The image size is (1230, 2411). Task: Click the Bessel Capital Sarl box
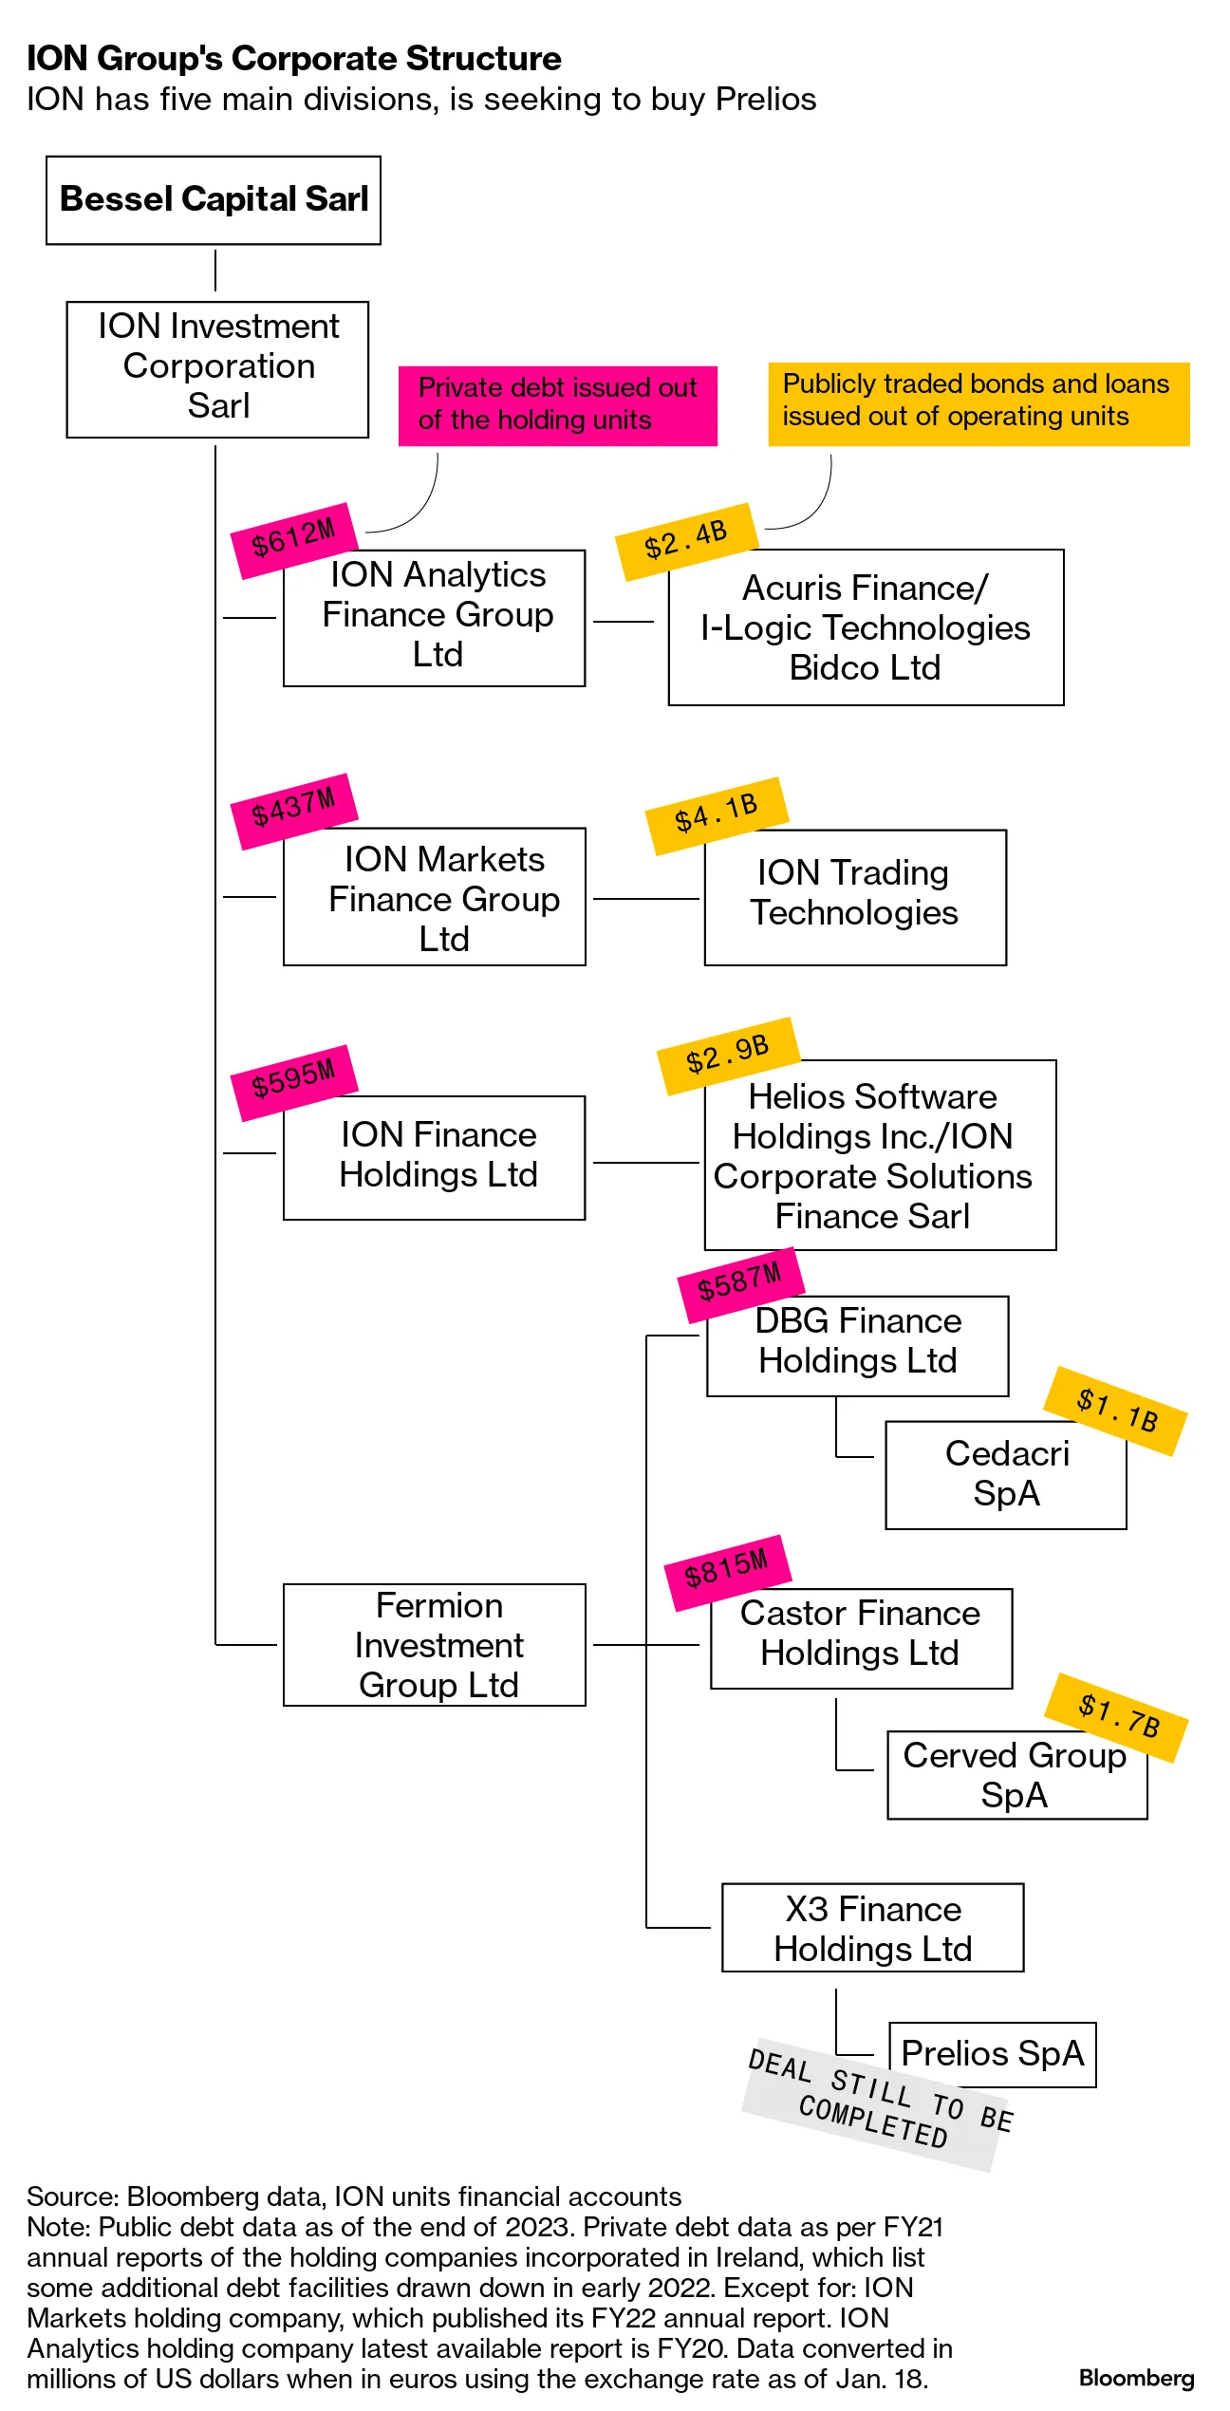(214, 200)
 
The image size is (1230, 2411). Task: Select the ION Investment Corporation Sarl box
(217, 369)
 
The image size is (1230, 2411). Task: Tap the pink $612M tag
(294, 539)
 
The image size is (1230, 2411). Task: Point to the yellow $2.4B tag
(686, 540)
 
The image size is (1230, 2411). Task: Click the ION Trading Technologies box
(854, 897)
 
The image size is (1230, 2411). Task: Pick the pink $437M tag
(294, 810)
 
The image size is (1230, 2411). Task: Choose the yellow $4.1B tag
(717, 814)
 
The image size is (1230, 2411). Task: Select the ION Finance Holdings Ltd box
(435, 1157)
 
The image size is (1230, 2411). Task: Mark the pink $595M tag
(294, 1081)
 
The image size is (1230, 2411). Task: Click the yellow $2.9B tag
(728, 1055)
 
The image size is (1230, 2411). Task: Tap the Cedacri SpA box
(1006, 1474)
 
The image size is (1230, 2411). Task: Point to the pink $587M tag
(740, 1284)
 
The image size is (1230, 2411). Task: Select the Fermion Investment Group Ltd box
(435, 1644)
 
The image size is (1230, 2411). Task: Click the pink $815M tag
(727, 1572)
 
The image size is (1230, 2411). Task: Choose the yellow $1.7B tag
(1117, 1717)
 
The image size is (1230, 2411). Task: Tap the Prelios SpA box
(992, 2054)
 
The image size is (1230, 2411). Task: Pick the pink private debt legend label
(558, 405)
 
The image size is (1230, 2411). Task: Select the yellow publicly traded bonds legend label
(978, 402)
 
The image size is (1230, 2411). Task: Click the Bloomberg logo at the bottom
(1136, 2378)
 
